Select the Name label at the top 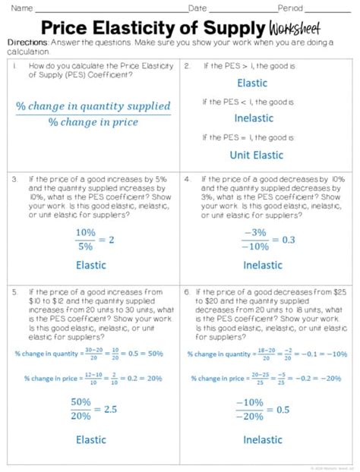(x=21, y=8)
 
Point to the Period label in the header (x=289, y=8)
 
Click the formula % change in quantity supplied (x=93, y=106)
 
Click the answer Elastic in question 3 (x=90, y=265)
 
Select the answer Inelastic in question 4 (x=263, y=265)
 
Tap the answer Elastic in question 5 (x=90, y=439)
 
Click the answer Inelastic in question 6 (x=263, y=439)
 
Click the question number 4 (x=187, y=179)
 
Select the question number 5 (x=14, y=291)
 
